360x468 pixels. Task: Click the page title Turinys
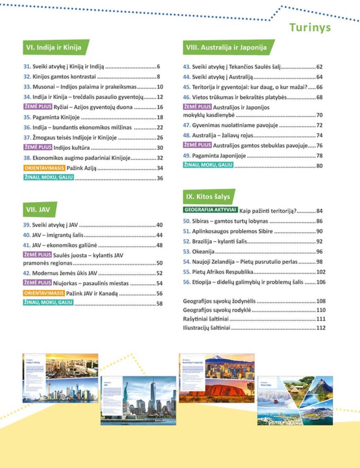click(x=310, y=27)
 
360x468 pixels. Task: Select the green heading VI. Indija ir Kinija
click(x=54, y=47)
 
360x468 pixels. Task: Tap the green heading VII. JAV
click(x=38, y=210)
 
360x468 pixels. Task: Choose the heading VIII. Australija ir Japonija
click(x=226, y=47)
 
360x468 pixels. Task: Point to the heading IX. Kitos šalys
click(x=208, y=197)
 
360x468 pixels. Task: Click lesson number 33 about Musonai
click(x=27, y=87)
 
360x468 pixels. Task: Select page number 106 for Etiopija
click(x=321, y=282)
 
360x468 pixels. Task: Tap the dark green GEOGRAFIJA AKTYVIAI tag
click(x=210, y=210)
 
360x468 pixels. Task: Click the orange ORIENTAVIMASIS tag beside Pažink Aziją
click(x=44, y=168)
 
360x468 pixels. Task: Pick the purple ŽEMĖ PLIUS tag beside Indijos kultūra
click(x=38, y=147)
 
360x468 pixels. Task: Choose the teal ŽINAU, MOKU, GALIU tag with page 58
click(x=48, y=302)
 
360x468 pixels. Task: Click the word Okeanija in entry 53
click(x=203, y=252)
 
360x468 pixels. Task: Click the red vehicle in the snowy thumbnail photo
click(x=276, y=402)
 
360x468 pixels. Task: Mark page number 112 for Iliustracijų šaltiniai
click(x=321, y=328)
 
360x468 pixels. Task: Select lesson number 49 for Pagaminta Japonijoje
click(x=187, y=156)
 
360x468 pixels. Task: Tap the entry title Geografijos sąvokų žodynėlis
click(x=219, y=301)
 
